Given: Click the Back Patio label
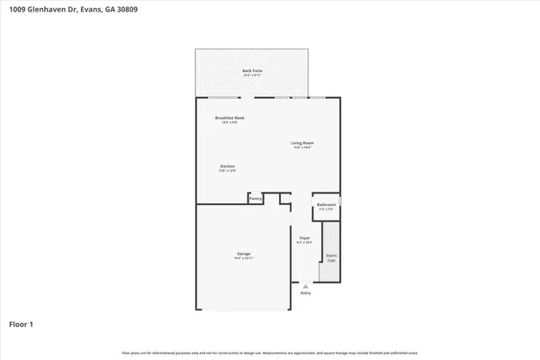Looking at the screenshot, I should (252, 70).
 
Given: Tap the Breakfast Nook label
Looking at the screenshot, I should (229, 118).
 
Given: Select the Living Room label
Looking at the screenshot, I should (301, 142).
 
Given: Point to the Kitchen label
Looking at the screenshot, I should (227, 166).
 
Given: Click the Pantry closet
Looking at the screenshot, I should (255, 198).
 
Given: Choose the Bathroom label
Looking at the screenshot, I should (326, 204).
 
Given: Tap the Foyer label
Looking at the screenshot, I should (305, 238).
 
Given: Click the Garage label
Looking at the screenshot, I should (244, 254).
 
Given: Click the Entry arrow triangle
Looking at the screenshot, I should (305, 285).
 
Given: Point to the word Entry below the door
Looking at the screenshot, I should (305, 292).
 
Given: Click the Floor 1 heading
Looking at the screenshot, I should (22, 323).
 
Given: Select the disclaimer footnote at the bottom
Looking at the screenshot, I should (270, 352).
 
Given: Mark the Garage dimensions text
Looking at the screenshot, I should (244, 259).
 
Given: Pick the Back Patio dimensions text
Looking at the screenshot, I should (252, 76).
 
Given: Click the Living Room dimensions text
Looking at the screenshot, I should (301, 148).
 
